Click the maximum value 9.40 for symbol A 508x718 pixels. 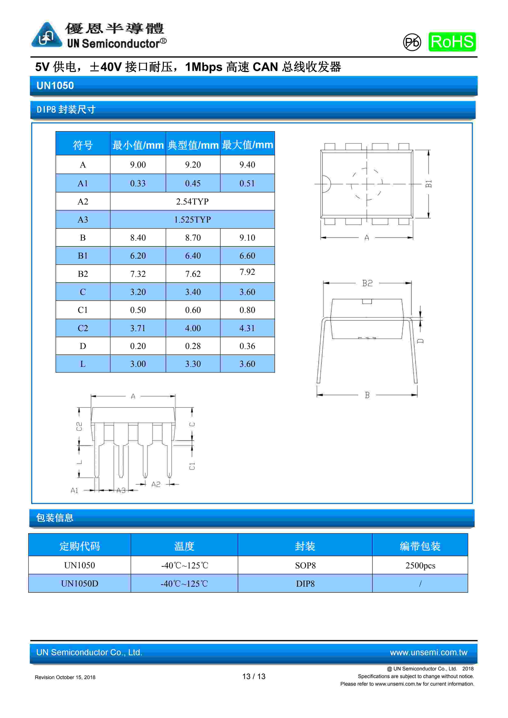point(247,165)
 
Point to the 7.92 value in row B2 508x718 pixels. point(247,272)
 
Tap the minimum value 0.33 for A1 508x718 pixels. point(138,183)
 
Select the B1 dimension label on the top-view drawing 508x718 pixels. point(428,184)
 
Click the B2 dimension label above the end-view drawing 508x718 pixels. point(367,283)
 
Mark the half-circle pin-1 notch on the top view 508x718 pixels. point(325,184)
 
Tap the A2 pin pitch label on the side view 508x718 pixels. point(156,484)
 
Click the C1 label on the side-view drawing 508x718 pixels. point(192,466)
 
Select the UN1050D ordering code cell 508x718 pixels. point(80,584)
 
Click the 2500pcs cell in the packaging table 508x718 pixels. point(420,565)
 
